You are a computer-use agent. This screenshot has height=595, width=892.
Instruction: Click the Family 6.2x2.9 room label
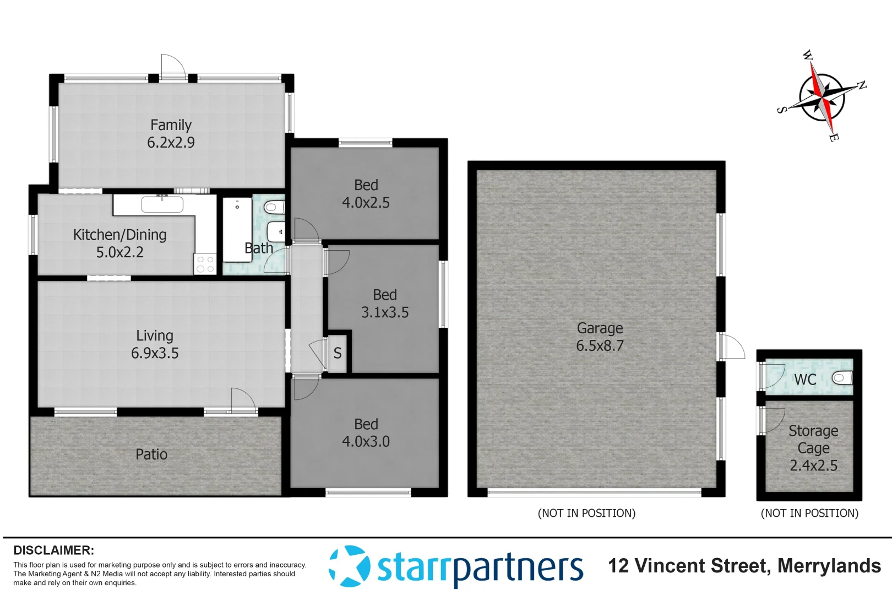[171, 134]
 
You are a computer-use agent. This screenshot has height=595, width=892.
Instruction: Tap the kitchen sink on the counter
[162, 204]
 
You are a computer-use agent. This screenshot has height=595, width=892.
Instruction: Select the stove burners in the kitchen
[205, 264]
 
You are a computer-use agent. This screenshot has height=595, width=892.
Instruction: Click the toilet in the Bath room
[274, 208]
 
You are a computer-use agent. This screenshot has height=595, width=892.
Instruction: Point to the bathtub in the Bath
[237, 229]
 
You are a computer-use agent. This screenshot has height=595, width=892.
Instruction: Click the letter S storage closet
[337, 353]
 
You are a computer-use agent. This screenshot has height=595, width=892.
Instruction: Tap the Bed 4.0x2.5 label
[366, 194]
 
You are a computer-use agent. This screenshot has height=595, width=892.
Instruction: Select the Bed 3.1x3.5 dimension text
[385, 313]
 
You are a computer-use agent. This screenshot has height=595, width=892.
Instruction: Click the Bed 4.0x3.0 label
[366, 433]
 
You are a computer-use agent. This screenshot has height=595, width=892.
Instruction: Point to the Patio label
[151, 455]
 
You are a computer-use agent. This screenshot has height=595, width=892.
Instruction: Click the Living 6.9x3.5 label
[155, 344]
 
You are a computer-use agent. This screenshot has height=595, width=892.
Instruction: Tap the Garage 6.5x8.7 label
[600, 337]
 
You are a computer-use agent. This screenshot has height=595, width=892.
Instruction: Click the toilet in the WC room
[842, 378]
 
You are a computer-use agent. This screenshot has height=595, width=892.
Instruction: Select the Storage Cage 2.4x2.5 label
[813, 448]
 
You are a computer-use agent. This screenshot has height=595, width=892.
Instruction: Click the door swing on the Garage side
[732, 346]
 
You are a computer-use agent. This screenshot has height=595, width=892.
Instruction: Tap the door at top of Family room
[173, 66]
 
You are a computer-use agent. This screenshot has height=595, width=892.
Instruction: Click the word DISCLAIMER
[53, 550]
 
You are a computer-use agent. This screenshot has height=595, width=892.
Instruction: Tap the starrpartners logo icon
[349, 566]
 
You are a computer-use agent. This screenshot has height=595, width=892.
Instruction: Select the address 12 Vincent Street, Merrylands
[744, 566]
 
